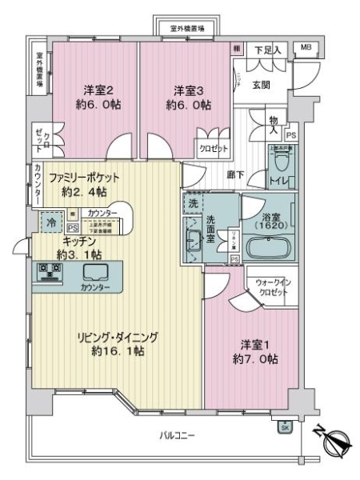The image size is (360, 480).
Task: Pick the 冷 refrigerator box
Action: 50,223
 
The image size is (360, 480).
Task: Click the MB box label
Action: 306,48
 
